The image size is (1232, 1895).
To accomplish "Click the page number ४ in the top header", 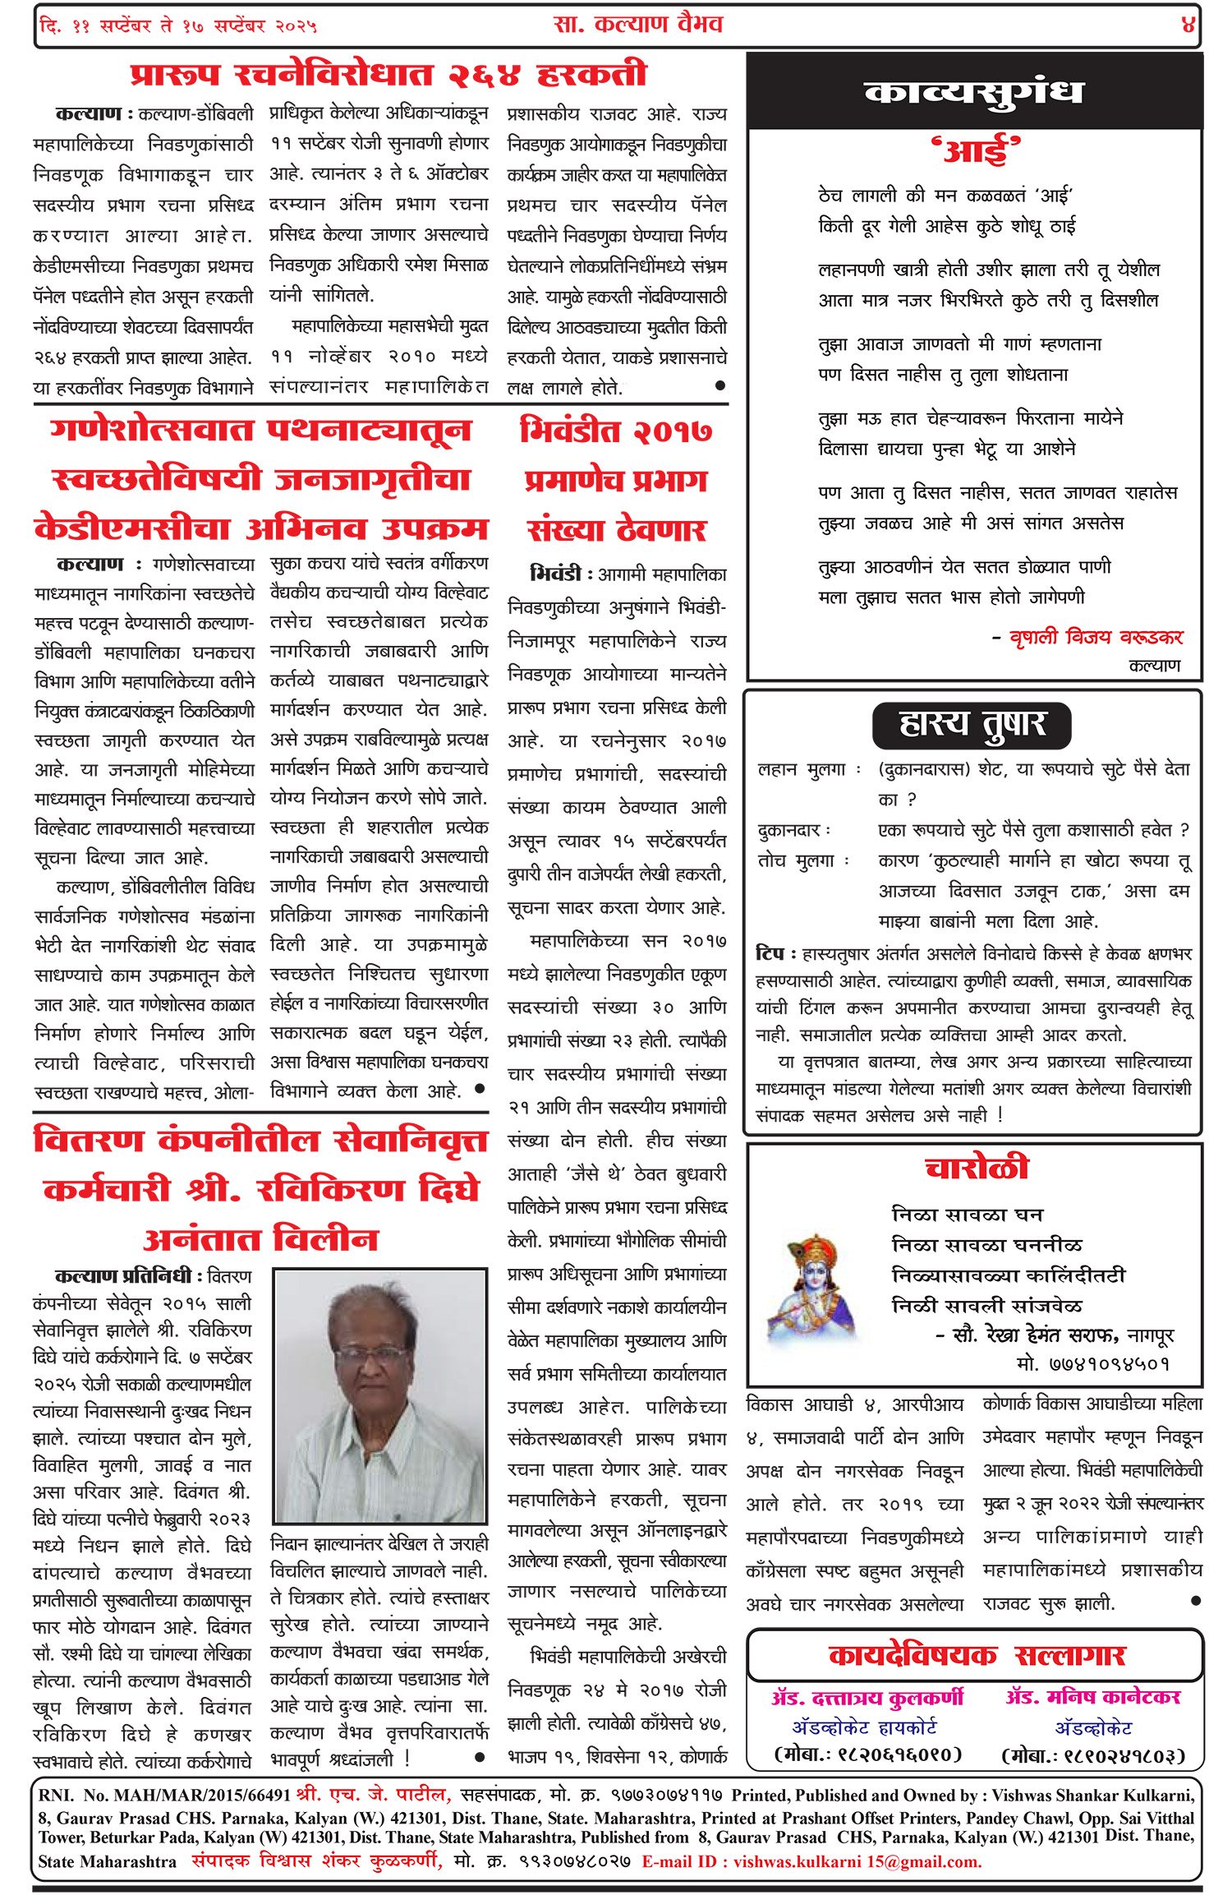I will [x=1188, y=25].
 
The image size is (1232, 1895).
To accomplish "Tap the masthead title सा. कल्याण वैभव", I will [x=638, y=25].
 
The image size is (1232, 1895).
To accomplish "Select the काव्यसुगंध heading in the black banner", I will [x=974, y=93].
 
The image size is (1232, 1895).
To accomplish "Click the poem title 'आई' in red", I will [x=975, y=151].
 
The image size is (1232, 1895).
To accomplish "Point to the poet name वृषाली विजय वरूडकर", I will [x=1096, y=637].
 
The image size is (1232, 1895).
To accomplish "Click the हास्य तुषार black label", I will [x=972, y=725].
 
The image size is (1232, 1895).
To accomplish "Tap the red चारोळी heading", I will [x=976, y=1169].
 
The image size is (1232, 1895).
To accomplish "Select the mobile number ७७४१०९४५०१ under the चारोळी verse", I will [x=1092, y=1364].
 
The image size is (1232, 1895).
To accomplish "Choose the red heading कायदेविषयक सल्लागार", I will [x=976, y=1655].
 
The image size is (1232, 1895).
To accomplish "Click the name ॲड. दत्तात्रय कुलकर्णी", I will [x=867, y=1698].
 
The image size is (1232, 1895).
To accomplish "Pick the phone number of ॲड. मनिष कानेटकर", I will [x=1093, y=1755].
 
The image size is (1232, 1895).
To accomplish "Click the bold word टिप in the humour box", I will [x=770, y=954].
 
